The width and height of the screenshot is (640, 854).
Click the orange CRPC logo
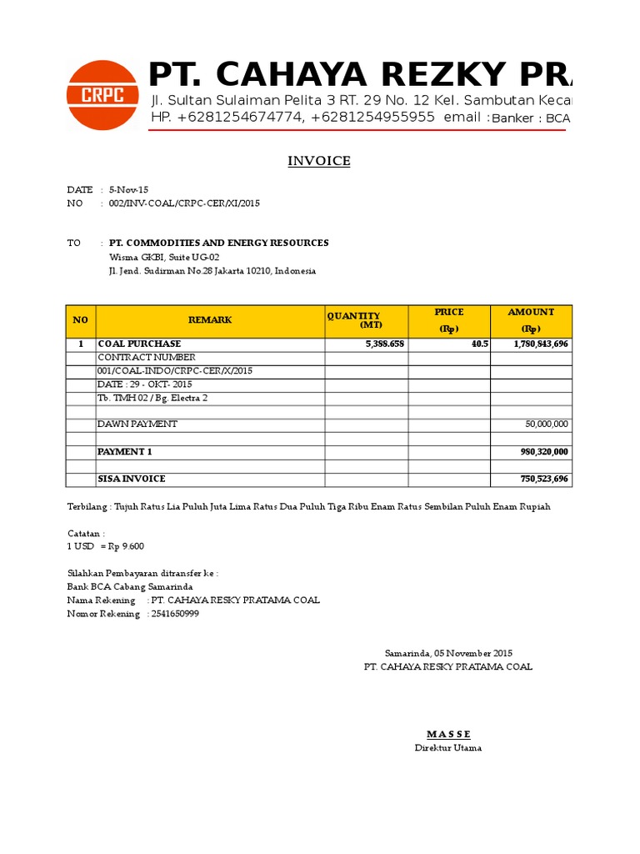click(x=102, y=95)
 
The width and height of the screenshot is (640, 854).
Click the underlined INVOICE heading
click(x=319, y=161)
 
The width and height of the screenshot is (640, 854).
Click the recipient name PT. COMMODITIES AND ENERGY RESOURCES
click(x=219, y=243)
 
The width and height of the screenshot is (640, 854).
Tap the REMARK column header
click(x=210, y=320)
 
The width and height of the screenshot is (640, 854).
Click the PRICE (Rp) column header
click(x=449, y=320)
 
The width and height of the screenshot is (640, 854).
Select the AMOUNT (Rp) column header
click(x=531, y=320)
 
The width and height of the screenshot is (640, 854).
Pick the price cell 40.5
click(x=479, y=344)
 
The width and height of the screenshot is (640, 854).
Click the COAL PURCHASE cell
click(x=139, y=344)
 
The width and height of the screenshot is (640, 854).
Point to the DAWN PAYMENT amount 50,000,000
click(x=546, y=424)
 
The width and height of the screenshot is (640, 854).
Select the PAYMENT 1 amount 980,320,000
click(x=543, y=452)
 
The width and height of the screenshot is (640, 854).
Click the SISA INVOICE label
click(x=132, y=479)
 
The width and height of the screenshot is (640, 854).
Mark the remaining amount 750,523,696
click(x=543, y=479)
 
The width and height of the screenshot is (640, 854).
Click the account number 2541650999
click(x=175, y=614)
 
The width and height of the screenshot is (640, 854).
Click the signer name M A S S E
click(x=448, y=734)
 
